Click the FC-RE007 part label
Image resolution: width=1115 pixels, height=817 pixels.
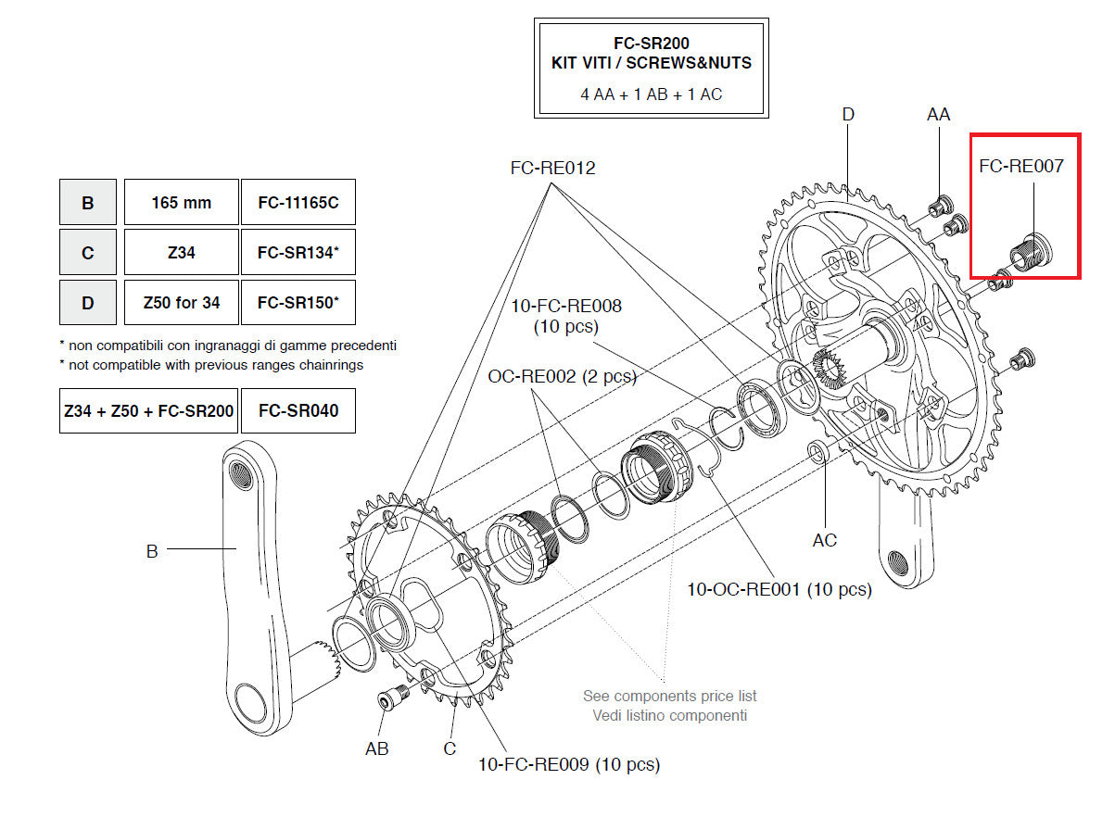pos(1021,167)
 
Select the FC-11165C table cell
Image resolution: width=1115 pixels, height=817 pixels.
pos(298,202)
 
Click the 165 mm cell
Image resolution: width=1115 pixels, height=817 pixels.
pos(181,202)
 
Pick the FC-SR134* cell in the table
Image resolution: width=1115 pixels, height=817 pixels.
pos(298,252)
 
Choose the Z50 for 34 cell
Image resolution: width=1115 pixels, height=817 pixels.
pos(181,302)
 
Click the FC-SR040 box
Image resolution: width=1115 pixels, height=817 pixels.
pos(298,410)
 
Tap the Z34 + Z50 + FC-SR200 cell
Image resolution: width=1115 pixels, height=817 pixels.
pos(148,410)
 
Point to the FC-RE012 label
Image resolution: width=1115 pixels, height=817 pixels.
pos(552,169)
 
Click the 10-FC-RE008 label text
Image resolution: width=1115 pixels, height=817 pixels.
pos(565,307)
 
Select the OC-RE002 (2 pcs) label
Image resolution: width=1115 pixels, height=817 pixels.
pos(562,376)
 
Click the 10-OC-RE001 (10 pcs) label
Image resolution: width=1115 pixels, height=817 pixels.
pos(779,589)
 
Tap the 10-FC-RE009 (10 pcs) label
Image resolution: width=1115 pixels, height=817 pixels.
pos(569,765)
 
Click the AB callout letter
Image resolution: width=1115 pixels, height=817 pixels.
pos(376,748)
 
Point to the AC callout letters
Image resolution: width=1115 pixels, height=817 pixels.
pos(824,540)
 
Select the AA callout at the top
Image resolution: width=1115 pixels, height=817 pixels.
pos(938,114)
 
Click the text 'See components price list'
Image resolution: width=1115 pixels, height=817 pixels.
pos(669,696)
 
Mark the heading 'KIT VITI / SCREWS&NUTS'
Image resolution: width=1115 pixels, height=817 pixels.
pos(651,63)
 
